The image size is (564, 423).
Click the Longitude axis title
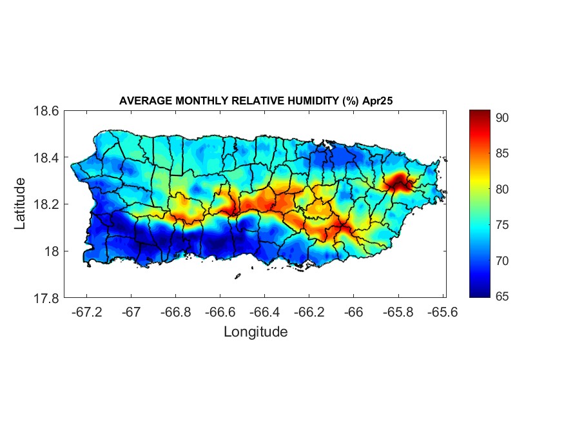pyautogui.click(x=255, y=332)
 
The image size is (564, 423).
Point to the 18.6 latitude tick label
pyautogui.click(x=46, y=111)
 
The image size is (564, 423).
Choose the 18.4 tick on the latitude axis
pyautogui.click(x=46, y=158)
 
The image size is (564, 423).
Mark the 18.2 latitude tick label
pyautogui.click(x=46, y=204)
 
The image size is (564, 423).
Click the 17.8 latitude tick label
pyautogui.click(x=46, y=298)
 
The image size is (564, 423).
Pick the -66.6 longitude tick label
pyautogui.click(x=219, y=312)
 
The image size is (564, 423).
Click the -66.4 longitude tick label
pyautogui.click(x=264, y=312)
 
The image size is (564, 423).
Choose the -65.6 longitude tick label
pyautogui.click(x=442, y=312)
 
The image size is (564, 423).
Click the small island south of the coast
pyautogui.click(x=237, y=277)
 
